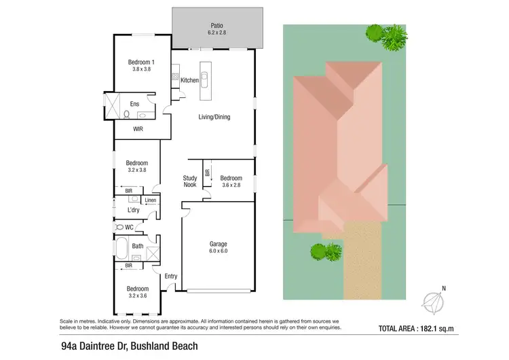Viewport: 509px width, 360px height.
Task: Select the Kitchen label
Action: tap(190, 80)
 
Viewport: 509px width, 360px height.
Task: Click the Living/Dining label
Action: tap(214, 117)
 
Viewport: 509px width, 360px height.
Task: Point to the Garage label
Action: tap(218, 244)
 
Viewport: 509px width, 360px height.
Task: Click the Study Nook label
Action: tap(190, 181)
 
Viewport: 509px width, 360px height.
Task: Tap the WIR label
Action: tap(138, 128)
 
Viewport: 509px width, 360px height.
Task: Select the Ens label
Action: tap(134, 105)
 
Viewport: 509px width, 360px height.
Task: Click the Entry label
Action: tap(170, 276)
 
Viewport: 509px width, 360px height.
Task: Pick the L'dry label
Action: tap(133, 211)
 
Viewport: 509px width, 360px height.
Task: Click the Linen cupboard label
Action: tap(150, 200)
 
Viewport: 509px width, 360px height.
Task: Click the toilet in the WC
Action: tap(121, 227)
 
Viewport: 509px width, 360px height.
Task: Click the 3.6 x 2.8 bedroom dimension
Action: tap(231, 185)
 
